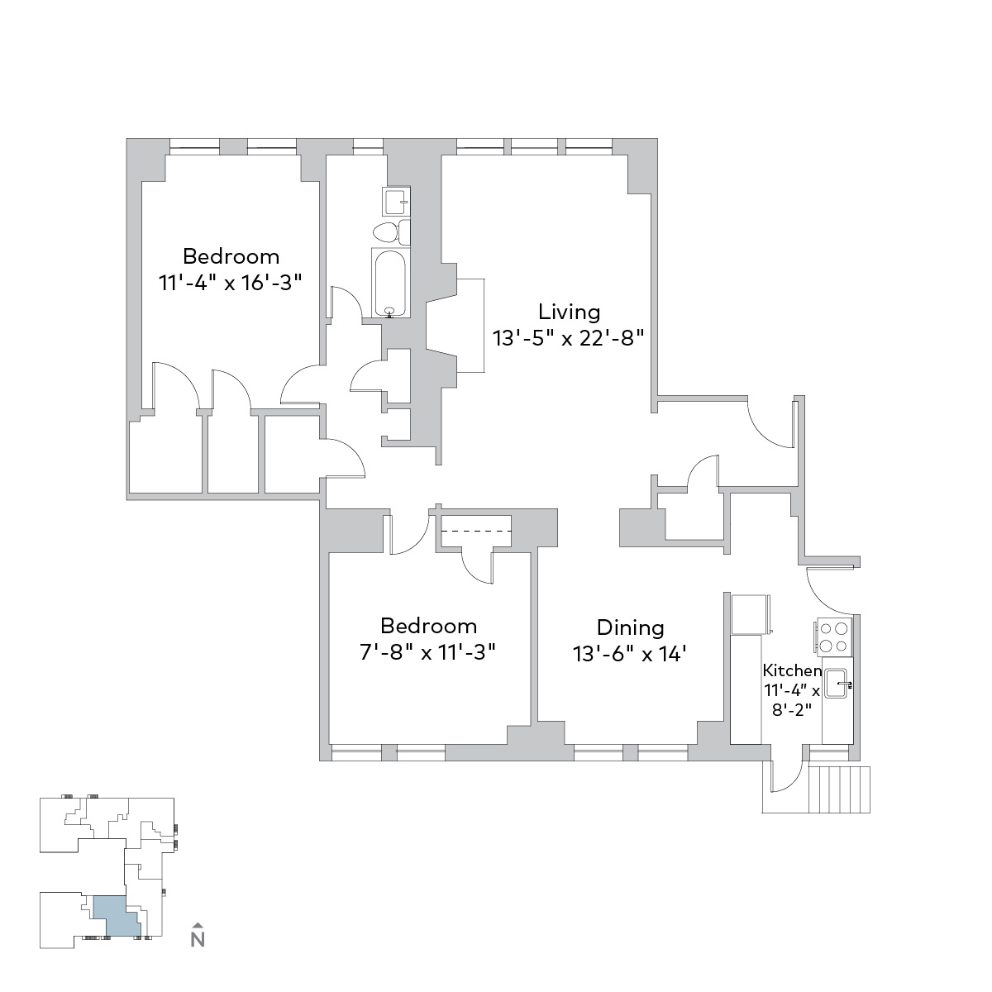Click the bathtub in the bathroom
390,283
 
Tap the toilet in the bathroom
391,232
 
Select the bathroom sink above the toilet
396,201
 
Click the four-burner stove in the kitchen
832,637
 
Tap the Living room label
569,312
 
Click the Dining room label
630,627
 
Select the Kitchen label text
792,670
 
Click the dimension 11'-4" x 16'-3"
230,283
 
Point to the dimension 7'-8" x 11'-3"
427,652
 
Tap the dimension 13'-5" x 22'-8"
568,338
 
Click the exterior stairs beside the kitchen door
840,789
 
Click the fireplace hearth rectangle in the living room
470,326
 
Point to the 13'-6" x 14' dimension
630,654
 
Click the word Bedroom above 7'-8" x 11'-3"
428,626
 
